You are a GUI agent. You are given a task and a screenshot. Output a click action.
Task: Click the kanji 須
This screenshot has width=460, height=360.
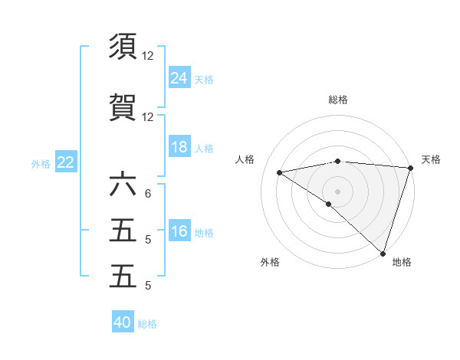(123, 47)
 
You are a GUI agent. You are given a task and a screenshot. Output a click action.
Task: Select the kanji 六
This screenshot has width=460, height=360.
(123, 185)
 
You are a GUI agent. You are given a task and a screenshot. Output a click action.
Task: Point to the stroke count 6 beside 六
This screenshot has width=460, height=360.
(147, 194)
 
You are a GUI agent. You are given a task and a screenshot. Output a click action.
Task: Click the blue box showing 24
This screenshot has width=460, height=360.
(179, 77)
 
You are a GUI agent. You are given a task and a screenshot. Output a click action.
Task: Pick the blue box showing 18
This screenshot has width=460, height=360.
(179, 147)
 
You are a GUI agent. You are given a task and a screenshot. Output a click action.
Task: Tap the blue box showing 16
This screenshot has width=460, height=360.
(179, 231)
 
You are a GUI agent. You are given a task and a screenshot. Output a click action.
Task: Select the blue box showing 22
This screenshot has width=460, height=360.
(66, 162)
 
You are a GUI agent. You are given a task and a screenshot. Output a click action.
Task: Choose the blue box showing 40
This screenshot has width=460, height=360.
(123, 322)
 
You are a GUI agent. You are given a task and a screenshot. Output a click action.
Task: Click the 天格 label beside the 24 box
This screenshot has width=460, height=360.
(204, 79)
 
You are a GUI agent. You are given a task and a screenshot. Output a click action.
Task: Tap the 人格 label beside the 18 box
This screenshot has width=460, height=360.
(204, 149)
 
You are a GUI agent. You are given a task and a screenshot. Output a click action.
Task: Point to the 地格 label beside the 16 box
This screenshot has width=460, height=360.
(204, 233)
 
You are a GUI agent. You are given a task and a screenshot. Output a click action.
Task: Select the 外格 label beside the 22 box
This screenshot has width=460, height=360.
(41, 163)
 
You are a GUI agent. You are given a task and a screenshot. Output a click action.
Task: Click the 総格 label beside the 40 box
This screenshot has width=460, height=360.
(147, 324)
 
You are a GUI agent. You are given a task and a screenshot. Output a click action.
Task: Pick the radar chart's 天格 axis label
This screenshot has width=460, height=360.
(431, 159)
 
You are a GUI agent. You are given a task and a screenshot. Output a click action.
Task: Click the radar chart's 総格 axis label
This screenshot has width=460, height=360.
(337, 100)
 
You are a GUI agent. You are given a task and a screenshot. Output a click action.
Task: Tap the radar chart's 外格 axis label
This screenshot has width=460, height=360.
(270, 262)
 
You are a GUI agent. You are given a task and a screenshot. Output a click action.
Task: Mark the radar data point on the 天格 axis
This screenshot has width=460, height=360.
(410, 168)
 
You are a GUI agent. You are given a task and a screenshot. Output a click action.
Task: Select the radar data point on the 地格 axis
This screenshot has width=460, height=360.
(383, 253)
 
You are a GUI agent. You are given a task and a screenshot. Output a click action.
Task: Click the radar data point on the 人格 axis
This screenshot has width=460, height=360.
(280, 172)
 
